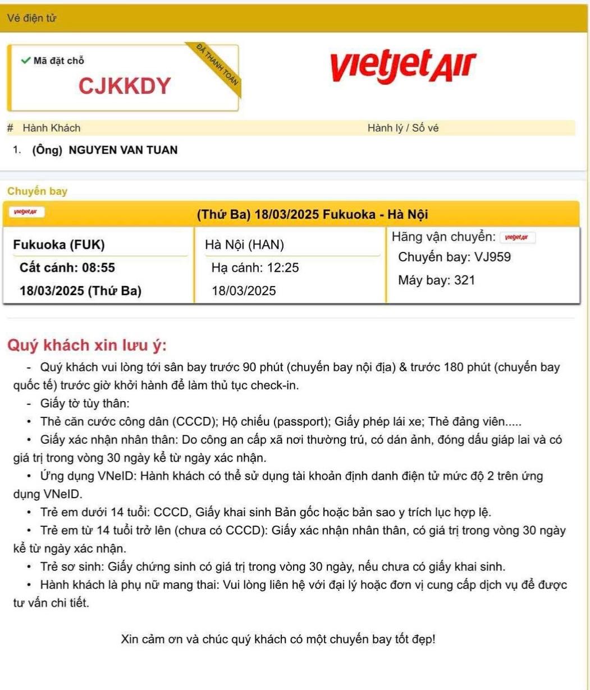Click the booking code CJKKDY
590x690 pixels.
pyautogui.click(x=125, y=86)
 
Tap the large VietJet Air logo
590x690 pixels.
pyautogui.click(x=403, y=66)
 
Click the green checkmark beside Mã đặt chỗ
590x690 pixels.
pyautogui.click(x=25, y=61)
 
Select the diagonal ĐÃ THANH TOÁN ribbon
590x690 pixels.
pyautogui.click(x=218, y=63)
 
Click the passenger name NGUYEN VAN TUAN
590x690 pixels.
pyautogui.click(x=123, y=150)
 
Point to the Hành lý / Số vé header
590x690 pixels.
pyautogui.click(x=403, y=128)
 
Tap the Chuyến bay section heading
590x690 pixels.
pyautogui.click(x=37, y=191)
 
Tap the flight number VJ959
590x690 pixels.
pyautogui.click(x=492, y=257)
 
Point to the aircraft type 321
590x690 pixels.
pyautogui.click(x=464, y=280)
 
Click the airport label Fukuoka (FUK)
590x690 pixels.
pyautogui.click(x=59, y=245)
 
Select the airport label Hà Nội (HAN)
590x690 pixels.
pyautogui.click(x=245, y=245)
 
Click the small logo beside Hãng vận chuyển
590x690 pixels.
pyautogui.click(x=517, y=237)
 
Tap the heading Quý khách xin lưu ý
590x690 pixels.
pyautogui.click(x=86, y=345)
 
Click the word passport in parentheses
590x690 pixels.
pyautogui.click(x=299, y=422)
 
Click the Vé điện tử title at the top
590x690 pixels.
pyautogui.click(x=31, y=18)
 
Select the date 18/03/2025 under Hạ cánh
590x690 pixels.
pyautogui.click(x=244, y=291)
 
